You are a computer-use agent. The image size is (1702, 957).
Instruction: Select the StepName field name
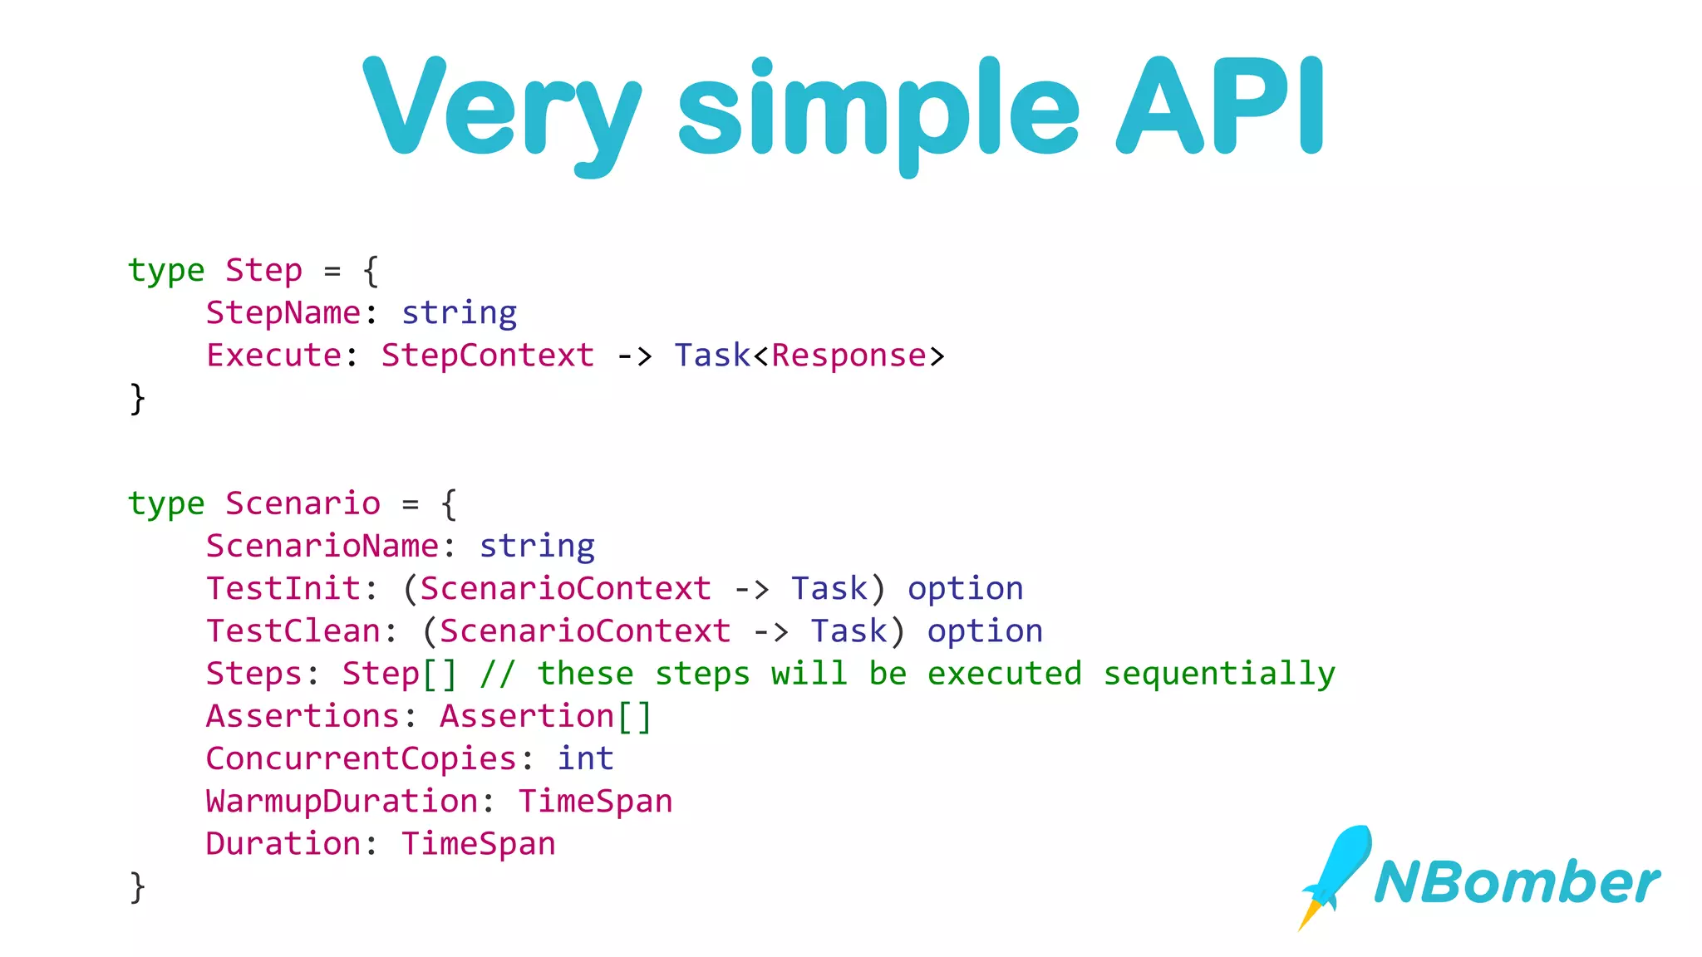[x=283, y=313]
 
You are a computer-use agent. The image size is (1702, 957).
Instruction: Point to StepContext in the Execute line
[x=488, y=356]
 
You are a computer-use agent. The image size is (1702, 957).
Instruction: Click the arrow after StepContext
[x=634, y=356]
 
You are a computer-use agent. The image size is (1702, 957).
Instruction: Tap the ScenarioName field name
[x=322, y=547]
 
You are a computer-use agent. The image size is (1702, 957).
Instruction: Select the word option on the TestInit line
[x=965, y=589]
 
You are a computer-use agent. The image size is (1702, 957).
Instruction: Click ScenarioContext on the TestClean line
[x=585, y=631]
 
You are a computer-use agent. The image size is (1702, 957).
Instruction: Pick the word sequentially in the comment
[x=1218, y=674]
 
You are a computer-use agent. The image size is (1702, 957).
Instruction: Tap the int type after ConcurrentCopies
[x=585, y=758]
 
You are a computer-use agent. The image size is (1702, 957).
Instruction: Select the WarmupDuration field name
[x=342, y=802]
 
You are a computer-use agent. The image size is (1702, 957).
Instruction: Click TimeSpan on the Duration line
[x=479, y=844]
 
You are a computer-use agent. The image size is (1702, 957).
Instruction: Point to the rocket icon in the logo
[x=1335, y=872]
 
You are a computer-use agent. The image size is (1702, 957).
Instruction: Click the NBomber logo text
[x=1517, y=882]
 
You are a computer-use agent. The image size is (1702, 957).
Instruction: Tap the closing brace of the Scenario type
[x=138, y=887]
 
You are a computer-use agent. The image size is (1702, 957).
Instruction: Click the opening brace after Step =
[x=371, y=271]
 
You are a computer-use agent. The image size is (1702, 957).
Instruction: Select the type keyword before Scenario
[x=166, y=504]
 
